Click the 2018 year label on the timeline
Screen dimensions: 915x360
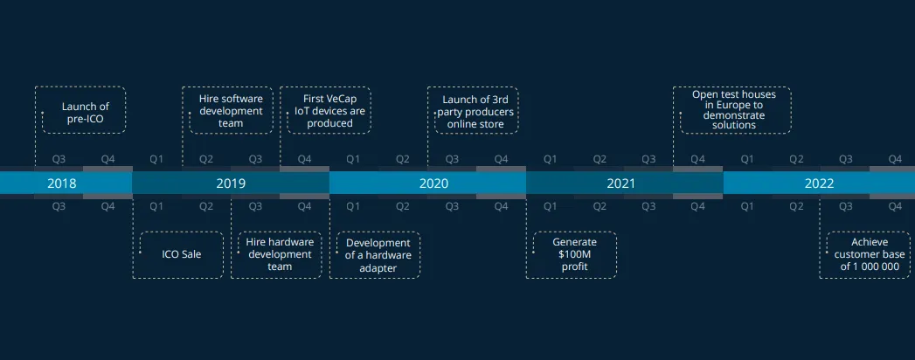coord(62,183)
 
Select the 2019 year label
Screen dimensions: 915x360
coord(231,183)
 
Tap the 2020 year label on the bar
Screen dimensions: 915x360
coord(433,183)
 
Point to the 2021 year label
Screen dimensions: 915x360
coord(620,183)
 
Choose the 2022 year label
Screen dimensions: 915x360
coord(819,183)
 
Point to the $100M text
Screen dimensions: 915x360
coord(575,255)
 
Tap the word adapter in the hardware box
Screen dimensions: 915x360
coord(378,267)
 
